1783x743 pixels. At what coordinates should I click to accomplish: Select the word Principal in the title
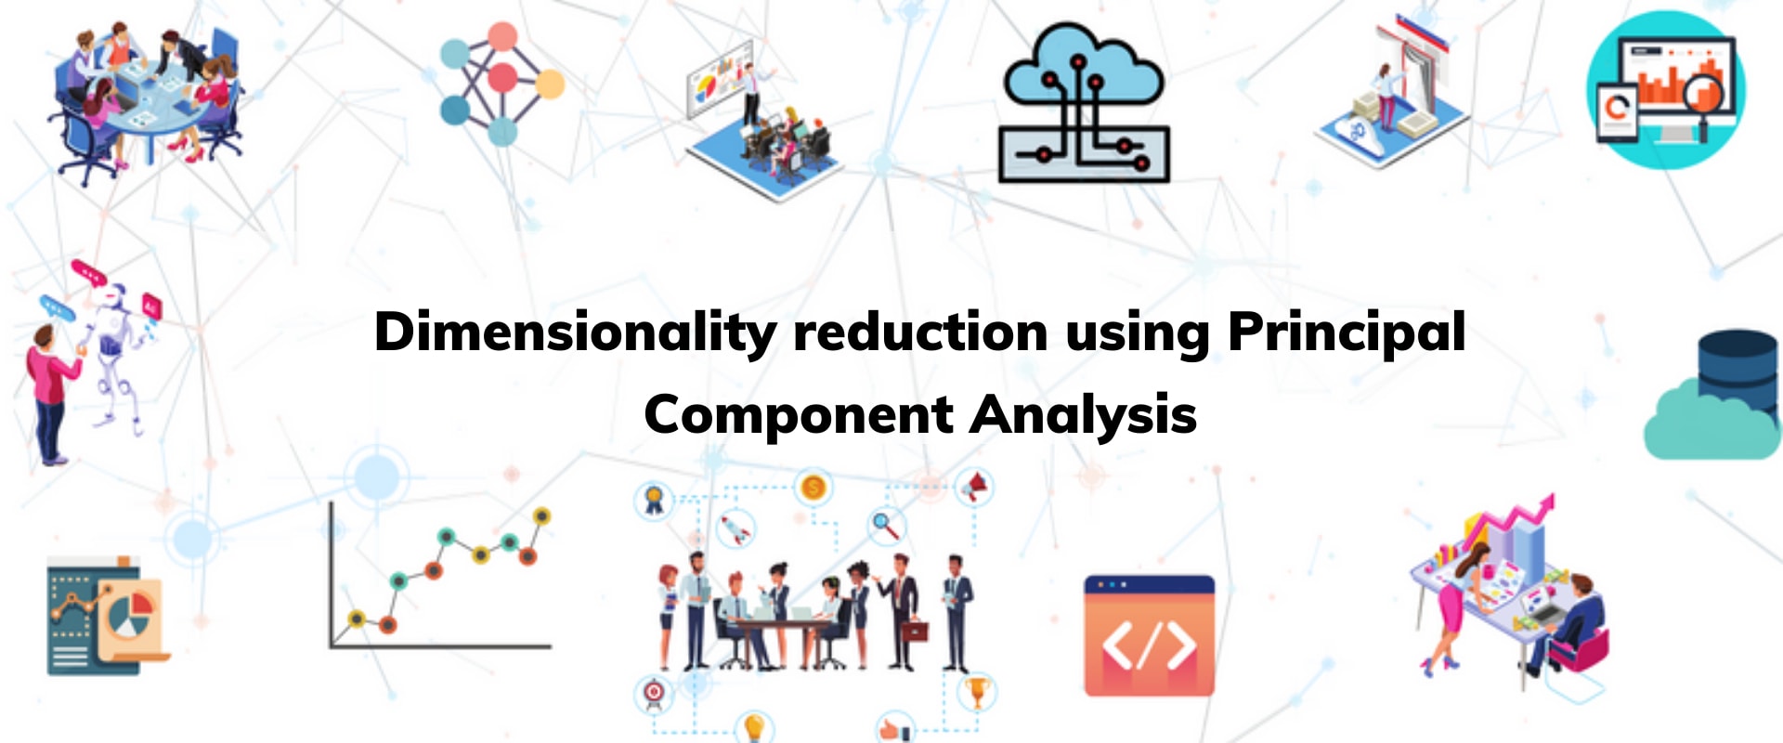click(x=1347, y=332)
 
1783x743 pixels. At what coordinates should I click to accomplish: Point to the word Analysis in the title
click(x=1083, y=414)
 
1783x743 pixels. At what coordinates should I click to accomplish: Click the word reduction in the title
click(x=920, y=332)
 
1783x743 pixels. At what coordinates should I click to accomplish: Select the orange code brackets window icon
click(x=1150, y=635)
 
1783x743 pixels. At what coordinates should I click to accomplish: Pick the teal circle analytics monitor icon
click(x=1666, y=90)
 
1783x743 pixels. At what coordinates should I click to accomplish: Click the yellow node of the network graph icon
click(x=550, y=85)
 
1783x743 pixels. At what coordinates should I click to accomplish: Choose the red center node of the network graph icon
click(x=502, y=77)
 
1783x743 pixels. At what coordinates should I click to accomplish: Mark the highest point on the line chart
click(x=541, y=515)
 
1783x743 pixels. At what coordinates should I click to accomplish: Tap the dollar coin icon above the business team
click(x=813, y=487)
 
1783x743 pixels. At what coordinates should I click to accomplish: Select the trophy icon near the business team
click(x=976, y=691)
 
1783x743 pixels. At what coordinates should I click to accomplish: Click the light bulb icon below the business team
click(x=755, y=725)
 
